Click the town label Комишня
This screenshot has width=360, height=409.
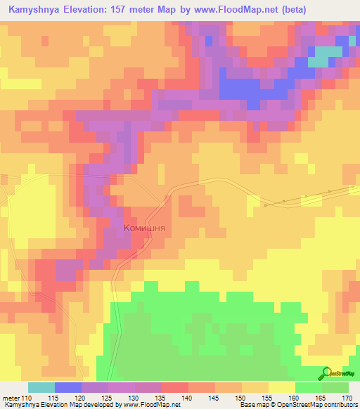[144, 228]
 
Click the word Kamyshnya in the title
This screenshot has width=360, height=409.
[34, 9]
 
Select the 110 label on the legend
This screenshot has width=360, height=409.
[27, 397]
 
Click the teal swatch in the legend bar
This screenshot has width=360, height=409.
[41, 387]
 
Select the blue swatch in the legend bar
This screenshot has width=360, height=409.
[67, 387]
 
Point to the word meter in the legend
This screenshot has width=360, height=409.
[11, 397]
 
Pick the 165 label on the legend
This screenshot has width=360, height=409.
[322, 397]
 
